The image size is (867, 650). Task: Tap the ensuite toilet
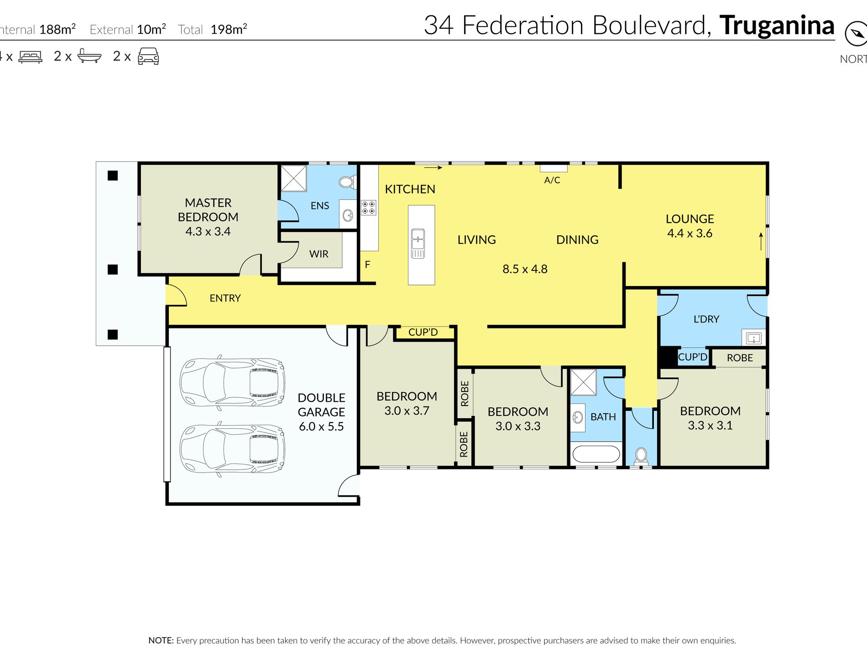tap(347, 182)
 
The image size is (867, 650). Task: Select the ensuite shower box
tap(293, 178)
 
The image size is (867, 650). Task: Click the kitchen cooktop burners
tap(369, 208)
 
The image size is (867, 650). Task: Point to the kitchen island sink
tap(418, 243)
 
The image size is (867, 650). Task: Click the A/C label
tap(552, 180)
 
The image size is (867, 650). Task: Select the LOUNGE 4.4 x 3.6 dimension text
tap(689, 234)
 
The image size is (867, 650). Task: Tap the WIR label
tap(319, 254)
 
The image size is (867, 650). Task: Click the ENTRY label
tap(225, 298)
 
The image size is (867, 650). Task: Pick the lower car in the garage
tap(232, 449)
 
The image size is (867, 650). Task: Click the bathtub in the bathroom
tap(596, 454)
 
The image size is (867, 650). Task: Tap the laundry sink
tap(753, 338)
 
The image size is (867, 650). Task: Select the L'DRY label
tap(706, 319)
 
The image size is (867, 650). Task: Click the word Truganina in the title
tap(777, 26)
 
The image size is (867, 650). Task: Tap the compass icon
tap(855, 34)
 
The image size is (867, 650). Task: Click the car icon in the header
tap(148, 56)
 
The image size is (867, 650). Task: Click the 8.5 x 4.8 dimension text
tap(525, 269)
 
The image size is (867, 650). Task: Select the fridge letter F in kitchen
tap(367, 265)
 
